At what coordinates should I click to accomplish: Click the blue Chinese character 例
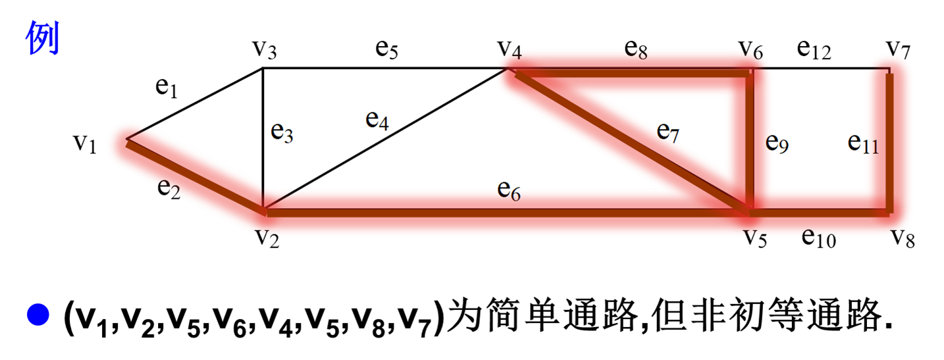click(x=43, y=38)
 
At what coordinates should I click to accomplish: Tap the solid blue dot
click(x=38, y=315)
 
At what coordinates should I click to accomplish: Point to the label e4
click(x=377, y=120)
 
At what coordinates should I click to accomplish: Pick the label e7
click(x=668, y=132)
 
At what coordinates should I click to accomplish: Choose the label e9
click(x=777, y=142)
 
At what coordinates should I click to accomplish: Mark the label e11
click(x=863, y=142)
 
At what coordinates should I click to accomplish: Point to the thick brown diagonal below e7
click(x=632, y=141)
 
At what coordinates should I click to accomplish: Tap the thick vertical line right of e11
click(x=889, y=141)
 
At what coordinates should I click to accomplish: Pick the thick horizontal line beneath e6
click(x=507, y=211)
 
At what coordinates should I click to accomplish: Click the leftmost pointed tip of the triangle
click(x=128, y=140)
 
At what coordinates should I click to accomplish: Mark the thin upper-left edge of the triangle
click(x=196, y=105)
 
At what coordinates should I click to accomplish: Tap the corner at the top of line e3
click(x=263, y=70)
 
